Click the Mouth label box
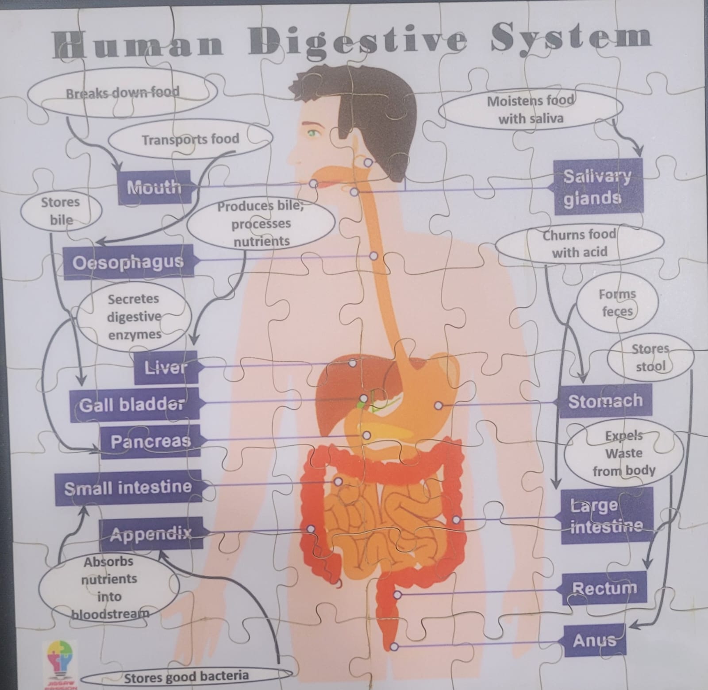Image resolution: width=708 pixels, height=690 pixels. click(155, 187)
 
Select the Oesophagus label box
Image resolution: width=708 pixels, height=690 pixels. click(129, 262)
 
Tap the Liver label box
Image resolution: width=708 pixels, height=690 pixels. click(166, 368)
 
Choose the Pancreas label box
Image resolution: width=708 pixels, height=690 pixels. click(150, 441)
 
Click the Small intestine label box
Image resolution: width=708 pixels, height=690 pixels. click(128, 488)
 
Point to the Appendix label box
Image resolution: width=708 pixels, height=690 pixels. click(151, 533)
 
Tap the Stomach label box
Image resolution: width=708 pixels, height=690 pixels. click(605, 401)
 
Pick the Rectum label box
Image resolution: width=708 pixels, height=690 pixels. click(604, 588)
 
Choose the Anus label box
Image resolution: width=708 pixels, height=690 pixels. click(594, 640)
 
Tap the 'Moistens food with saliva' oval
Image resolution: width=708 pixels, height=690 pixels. click(530, 109)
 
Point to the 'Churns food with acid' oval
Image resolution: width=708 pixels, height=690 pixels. click(580, 243)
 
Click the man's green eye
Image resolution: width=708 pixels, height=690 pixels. click(314, 132)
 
